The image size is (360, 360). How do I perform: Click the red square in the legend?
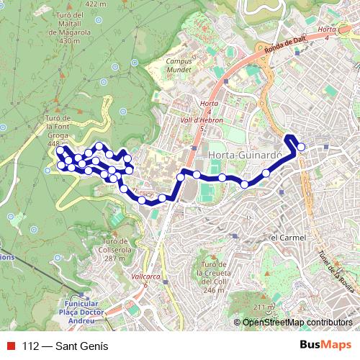coord(12,346)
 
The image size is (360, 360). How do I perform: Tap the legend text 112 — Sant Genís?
coord(66,346)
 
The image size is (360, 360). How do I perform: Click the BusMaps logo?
coord(325,346)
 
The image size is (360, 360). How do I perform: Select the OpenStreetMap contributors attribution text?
coord(297,323)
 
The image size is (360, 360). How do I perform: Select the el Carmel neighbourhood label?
coord(288,238)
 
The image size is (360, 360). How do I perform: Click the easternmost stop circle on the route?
coord(302,148)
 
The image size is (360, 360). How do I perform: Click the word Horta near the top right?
coord(326,29)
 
